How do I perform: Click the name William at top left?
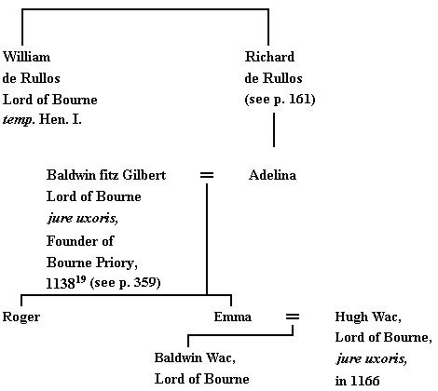(x=27, y=57)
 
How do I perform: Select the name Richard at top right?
(x=267, y=57)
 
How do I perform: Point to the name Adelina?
(x=272, y=175)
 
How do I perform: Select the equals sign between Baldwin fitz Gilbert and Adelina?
(x=207, y=175)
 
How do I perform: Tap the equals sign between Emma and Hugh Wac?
(x=292, y=317)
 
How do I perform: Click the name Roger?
(x=21, y=317)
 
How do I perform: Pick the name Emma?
(x=232, y=317)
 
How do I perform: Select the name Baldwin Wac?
(x=194, y=357)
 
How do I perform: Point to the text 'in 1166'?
(x=357, y=380)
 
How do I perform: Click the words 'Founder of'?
(x=78, y=239)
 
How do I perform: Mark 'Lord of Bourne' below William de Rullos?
(x=49, y=100)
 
